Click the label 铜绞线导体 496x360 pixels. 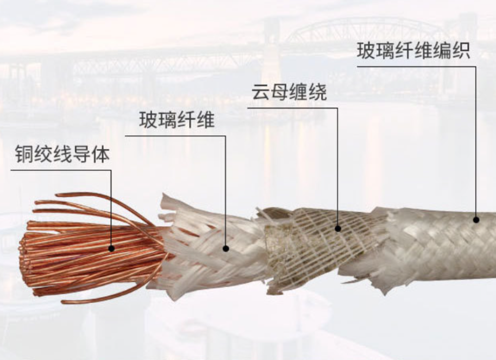point(62,154)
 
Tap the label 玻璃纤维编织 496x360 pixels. point(413,51)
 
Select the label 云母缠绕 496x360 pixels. point(289,92)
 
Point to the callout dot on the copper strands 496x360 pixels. point(111,249)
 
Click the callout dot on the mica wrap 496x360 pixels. point(338,228)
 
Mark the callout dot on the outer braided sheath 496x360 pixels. point(476,219)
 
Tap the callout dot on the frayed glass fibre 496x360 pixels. point(225,249)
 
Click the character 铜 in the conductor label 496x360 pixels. point(24,154)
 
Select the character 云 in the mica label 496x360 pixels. point(261,92)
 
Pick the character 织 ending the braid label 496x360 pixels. point(461,51)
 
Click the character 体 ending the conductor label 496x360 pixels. point(101,154)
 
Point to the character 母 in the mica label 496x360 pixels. point(280,92)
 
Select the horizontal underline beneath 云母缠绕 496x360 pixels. point(292,108)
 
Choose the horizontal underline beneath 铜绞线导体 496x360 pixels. point(61,170)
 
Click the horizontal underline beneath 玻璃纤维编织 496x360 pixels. point(416,66)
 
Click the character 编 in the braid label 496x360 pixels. point(442,51)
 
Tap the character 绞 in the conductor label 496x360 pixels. point(43,154)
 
